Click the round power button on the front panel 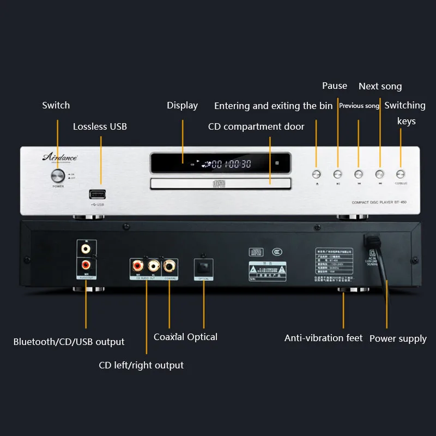pos(57,175)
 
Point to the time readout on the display pos(231,163)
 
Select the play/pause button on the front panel pos(337,174)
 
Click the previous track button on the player pos(359,174)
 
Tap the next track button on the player pos(380,174)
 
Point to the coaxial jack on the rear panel pos(169,266)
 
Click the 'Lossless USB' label pos(100,126)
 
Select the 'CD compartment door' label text pos(256,126)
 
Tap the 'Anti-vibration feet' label pos(323,338)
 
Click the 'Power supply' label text pos(398,338)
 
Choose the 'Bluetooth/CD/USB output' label pos(69,342)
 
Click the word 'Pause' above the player pos(335,86)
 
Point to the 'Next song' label pos(380,86)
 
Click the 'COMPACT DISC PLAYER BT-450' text pos(379,202)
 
